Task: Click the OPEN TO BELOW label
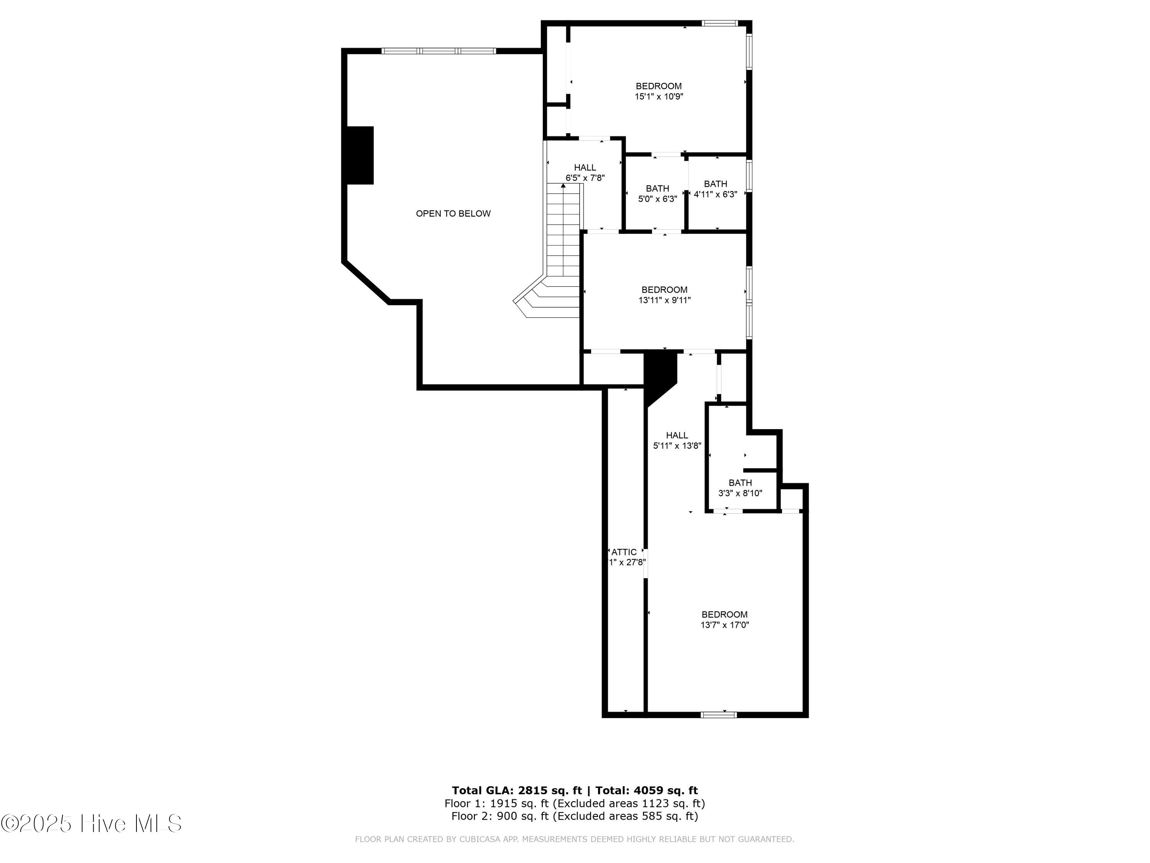[x=453, y=213]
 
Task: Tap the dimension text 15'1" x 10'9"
[x=659, y=97]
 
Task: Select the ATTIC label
[x=624, y=552]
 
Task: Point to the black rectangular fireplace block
[x=360, y=155]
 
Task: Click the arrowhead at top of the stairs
[x=563, y=186]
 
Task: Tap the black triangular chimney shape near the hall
[x=658, y=374]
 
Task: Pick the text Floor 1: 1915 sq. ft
[x=496, y=804]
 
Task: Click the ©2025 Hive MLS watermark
[x=92, y=823]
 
